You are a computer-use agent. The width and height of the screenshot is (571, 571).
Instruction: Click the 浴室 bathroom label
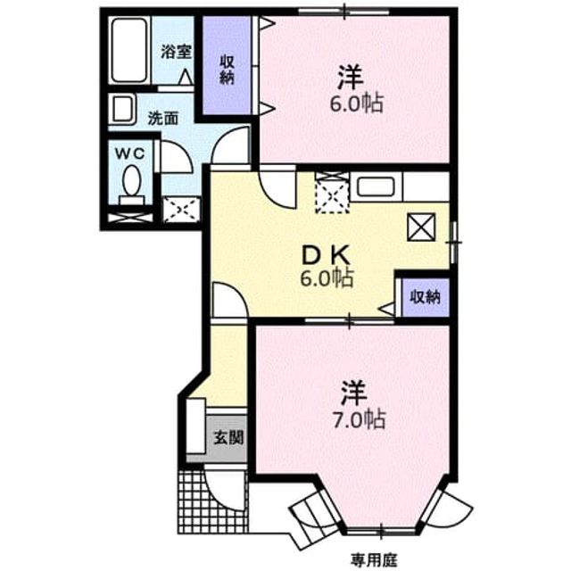tap(177, 52)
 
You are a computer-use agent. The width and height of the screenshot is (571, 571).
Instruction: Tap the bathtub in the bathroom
tap(129, 50)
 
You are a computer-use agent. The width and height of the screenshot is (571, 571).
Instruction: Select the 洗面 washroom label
tap(163, 119)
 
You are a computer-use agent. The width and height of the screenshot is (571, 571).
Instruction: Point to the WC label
tap(130, 153)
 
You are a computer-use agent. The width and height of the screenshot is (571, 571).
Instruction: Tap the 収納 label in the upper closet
tap(227, 70)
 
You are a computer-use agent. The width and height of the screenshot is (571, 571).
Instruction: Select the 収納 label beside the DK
tap(425, 297)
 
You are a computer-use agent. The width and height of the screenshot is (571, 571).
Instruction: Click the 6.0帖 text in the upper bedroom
tap(357, 104)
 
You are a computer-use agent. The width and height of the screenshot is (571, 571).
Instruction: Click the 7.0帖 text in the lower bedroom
tap(359, 420)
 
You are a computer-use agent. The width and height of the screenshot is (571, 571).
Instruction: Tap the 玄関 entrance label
tap(228, 437)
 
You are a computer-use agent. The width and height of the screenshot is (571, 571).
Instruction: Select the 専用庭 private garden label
tap(374, 559)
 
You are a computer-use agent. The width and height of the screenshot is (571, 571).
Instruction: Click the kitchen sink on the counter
tap(376, 186)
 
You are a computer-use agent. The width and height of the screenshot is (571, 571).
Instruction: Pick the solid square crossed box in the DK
tap(421, 227)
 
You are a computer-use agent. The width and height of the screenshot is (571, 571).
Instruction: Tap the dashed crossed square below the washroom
tap(181, 209)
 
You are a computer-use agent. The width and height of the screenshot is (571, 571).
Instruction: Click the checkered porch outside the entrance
tap(212, 501)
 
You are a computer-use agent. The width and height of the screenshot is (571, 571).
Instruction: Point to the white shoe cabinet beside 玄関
tap(196, 426)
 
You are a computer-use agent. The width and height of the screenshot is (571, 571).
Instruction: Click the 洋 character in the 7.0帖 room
tap(353, 393)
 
